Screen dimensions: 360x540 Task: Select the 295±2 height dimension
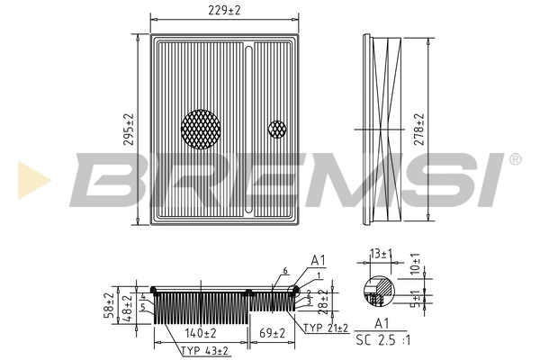tap(128, 131)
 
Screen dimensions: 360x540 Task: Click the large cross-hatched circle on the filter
tap(200, 129)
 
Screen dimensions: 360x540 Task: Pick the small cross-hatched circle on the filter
tap(276, 129)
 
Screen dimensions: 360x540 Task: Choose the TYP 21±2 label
tap(325, 328)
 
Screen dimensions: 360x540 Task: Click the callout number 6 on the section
tap(284, 271)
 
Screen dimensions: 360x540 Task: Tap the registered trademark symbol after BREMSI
tap(515, 159)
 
